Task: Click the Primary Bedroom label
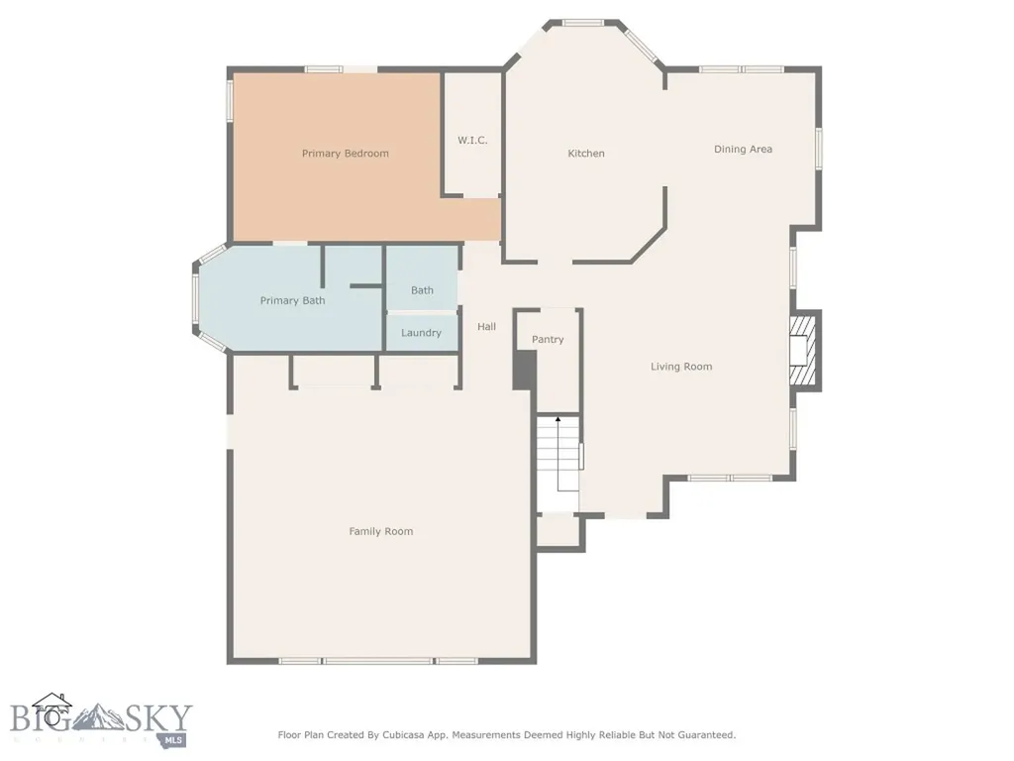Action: click(346, 154)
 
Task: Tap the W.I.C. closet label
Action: click(472, 140)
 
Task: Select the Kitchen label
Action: click(586, 154)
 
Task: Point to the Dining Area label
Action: click(743, 149)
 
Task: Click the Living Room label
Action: click(681, 367)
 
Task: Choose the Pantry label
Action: click(548, 339)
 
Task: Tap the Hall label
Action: click(487, 327)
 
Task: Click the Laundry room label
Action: click(421, 333)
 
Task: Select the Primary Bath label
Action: click(292, 300)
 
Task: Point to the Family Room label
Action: click(381, 531)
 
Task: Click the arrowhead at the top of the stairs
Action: click(558, 419)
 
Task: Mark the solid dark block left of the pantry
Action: click(525, 371)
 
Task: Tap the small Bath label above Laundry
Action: click(422, 290)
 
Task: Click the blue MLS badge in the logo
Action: click(172, 739)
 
